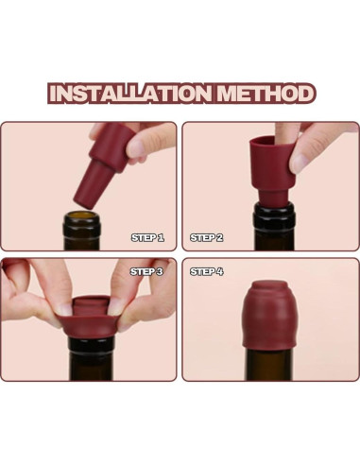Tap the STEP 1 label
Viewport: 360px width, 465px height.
pyautogui.click(x=147, y=237)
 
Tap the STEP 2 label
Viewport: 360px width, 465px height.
pyautogui.click(x=207, y=237)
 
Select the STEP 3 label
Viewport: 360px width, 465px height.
pyautogui.click(x=147, y=271)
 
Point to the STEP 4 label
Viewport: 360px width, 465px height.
pyautogui.click(x=207, y=271)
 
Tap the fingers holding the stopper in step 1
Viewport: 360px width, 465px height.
pyautogui.click(x=142, y=142)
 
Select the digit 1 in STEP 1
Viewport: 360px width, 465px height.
pyautogui.click(x=161, y=237)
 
